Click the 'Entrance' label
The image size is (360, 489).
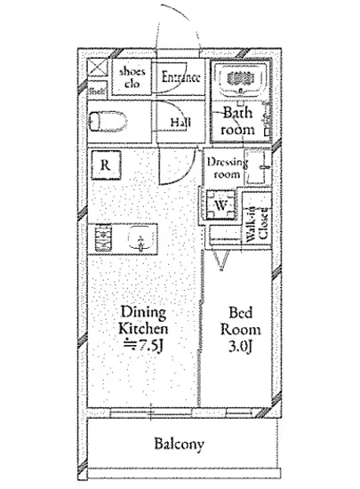(180, 76)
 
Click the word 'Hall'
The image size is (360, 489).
(180, 122)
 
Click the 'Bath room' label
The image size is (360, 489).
(238, 121)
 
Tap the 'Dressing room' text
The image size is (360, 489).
(226, 169)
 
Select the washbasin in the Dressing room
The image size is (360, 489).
(260, 166)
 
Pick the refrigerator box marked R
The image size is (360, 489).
(106, 165)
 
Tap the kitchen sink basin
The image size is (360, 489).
(139, 238)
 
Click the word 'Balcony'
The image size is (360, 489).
(180, 445)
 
